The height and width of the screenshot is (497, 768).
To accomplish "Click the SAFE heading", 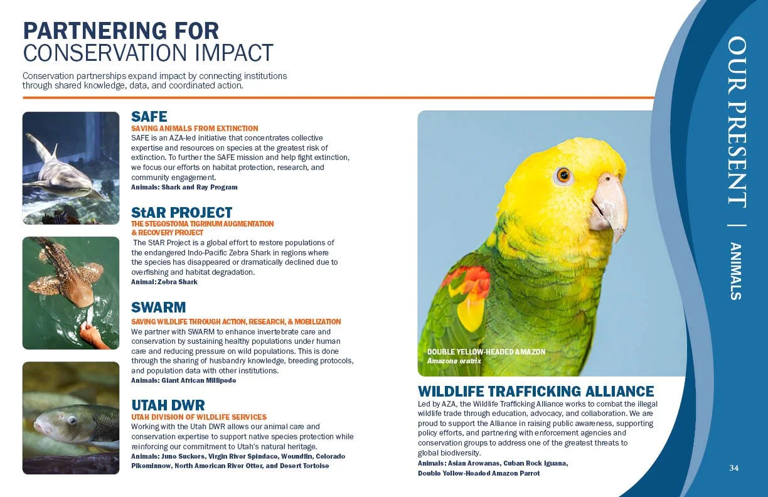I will pyautogui.click(x=149, y=117).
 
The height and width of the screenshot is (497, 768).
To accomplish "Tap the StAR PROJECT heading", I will pyautogui.click(x=181, y=213).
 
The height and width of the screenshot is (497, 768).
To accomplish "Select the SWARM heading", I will pyautogui.click(x=158, y=307).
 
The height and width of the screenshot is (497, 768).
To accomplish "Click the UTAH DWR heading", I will pyautogui.click(x=168, y=405).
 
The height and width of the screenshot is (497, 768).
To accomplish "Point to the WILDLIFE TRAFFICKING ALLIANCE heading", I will pyautogui.click(x=536, y=392).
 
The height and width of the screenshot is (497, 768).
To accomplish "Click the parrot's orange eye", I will pyautogui.click(x=563, y=175).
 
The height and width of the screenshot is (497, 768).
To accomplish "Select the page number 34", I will pyautogui.click(x=734, y=468).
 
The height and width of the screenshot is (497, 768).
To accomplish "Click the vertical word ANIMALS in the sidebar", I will pyautogui.click(x=736, y=271).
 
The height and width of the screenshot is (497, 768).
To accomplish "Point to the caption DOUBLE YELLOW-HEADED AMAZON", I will pyautogui.click(x=486, y=352).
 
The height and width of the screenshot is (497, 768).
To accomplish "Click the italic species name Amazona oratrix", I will pyautogui.click(x=454, y=361).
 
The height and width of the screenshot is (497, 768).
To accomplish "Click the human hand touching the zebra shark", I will pyautogui.click(x=92, y=333).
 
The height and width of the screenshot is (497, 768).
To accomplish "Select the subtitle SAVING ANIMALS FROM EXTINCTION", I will pyautogui.click(x=195, y=129).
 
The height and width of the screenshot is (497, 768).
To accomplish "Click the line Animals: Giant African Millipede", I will pyautogui.click(x=183, y=380).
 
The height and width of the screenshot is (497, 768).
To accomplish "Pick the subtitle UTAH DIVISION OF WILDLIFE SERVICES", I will pyautogui.click(x=199, y=417).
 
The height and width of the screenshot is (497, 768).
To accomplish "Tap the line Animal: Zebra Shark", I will pyautogui.click(x=164, y=282).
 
